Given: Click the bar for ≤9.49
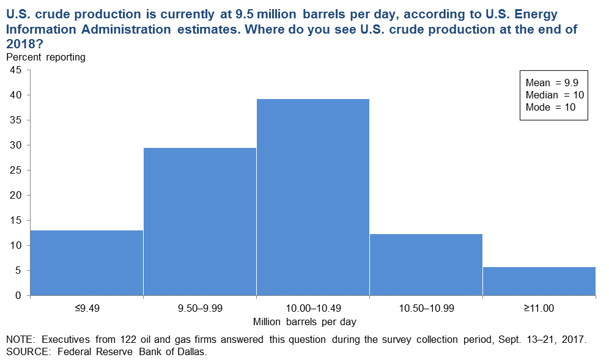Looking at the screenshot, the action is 87,263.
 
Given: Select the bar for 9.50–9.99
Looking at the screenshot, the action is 199,222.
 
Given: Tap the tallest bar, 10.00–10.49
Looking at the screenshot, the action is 312,197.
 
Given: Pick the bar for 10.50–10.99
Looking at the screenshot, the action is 426,265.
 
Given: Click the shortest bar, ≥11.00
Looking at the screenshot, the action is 539,281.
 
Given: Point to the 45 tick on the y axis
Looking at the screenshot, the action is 16,70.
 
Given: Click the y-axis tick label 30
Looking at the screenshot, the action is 16,145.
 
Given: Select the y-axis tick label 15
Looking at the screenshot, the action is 16,220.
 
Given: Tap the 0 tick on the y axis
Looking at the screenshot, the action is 18,296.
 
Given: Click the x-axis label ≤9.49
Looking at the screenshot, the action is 87,308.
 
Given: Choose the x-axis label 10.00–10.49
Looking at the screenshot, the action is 314,308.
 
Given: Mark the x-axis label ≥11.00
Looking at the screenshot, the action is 539,308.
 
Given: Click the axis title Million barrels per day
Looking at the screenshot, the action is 304,322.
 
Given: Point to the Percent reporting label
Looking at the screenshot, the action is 46,57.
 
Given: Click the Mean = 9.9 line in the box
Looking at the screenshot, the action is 552,83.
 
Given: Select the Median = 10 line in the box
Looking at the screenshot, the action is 555,95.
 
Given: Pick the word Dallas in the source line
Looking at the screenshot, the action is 191,352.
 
